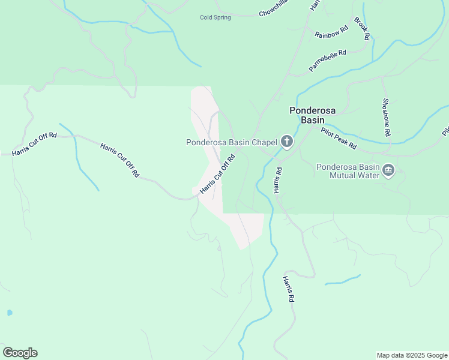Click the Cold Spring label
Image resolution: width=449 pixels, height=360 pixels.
pos(215,17)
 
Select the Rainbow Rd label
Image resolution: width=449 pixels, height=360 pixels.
pos(331,31)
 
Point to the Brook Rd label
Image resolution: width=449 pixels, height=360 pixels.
pos(362,28)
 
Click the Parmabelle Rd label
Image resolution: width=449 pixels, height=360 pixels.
pos(328,61)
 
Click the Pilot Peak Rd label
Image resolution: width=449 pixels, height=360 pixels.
pos(339,139)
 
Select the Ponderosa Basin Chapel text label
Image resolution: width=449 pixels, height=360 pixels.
pos(231,142)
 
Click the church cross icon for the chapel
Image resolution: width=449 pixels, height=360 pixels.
pos(287,142)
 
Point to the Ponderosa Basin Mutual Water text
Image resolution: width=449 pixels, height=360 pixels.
pos(348,171)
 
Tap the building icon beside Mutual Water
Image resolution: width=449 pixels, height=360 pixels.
pos(388,171)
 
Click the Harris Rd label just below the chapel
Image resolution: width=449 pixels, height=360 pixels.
pos(278,180)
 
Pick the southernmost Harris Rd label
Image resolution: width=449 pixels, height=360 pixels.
pos(289,289)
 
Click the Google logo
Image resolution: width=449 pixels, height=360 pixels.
pos(20,352)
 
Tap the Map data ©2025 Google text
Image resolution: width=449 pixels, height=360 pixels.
pos(412,355)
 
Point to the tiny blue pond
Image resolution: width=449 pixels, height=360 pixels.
pos(9,313)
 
